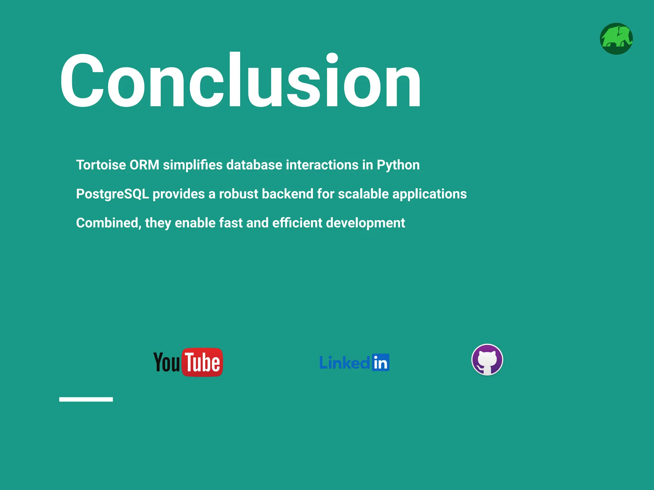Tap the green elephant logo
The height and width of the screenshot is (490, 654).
616,39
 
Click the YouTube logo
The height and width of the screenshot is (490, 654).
188,362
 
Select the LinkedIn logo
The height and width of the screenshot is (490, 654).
354,363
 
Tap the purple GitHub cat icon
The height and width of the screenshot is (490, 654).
487,360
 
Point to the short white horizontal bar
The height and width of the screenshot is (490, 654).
86,399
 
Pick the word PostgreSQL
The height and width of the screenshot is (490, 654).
112,194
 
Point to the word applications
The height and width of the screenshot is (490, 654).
430,194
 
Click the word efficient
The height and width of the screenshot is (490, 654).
297,223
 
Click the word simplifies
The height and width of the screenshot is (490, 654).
193,165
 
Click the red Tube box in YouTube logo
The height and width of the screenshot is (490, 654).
202,362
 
